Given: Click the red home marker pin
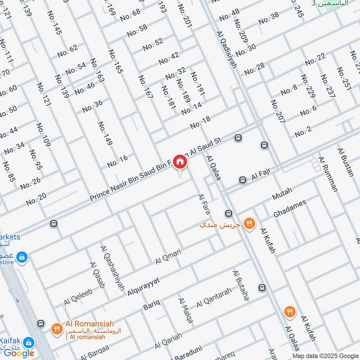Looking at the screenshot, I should click(x=180, y=162).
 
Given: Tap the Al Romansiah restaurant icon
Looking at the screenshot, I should click(x=56, y=329).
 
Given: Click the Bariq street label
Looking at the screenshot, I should click(x=151, y=306).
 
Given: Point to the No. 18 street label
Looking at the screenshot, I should click(x=200, y=122).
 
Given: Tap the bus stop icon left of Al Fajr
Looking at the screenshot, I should click(x=243, y=180).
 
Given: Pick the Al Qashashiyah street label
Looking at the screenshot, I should click(x=113, y=268).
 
